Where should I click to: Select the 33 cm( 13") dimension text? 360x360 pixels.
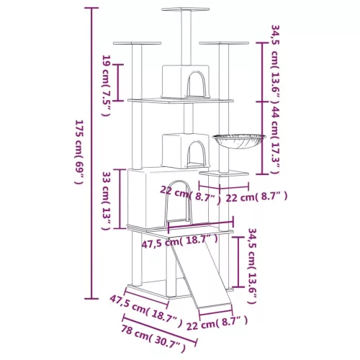106,201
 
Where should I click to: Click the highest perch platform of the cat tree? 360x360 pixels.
180,10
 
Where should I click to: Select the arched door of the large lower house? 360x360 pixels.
181,211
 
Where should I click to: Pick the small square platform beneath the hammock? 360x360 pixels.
219,174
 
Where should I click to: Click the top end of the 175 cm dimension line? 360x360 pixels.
91,9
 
